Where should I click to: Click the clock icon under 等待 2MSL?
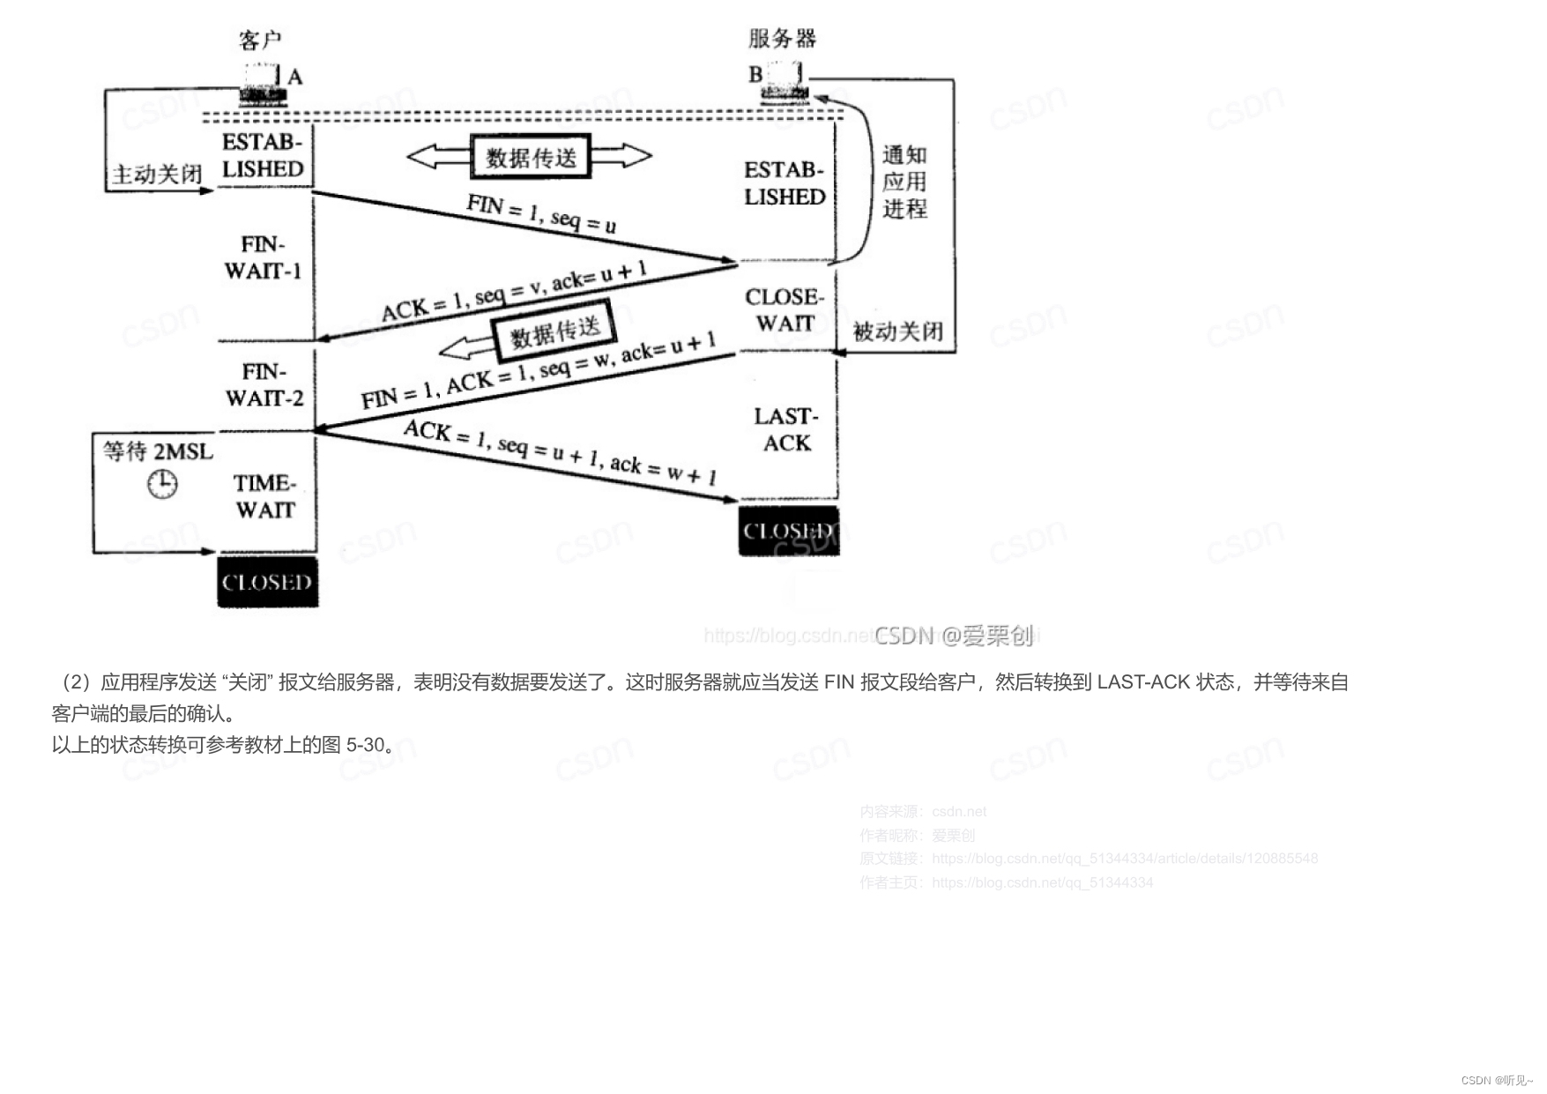pyautogui.click(x=162, y=483)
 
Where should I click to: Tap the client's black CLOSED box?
pyautogui.click(x=267, y=582)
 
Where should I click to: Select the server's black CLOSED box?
pyautogui.click(x=788, y=531)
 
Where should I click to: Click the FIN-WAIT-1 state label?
pyautogui.click(x=263, y=257)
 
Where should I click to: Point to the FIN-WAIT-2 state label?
pyautogui.click(x=264, y=385)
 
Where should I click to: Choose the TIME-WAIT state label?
pyautogui.click(x=264, y=496)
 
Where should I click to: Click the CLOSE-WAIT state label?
pyautogui.click(x=784, y=310)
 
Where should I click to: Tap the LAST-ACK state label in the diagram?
pyautogui.click(x=786, y=429)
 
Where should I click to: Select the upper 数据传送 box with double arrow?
pyautogui.click(x=531, y=157)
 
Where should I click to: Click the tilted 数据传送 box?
pyautogui.click(x=554, y=332)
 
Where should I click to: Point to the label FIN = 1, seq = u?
pyautogui.click(x=541, y=213)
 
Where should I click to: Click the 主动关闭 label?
pyautogui.click(x=157, y=175)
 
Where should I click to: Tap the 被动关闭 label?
pyautogui.click(x=897, y=331)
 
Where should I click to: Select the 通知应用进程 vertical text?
pyautogui.click(x=904, y=182)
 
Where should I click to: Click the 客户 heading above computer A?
pyautogui.click(x=260, y=40)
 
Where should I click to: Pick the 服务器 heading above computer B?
pyautogui.click(x=782, y=38)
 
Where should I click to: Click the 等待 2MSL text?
pyautogui.click(x=158, y=451)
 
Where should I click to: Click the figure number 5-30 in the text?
pyautogui.click(x=366, y=745)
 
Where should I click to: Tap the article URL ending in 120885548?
pyautogui.click(x=1124, y=859)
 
